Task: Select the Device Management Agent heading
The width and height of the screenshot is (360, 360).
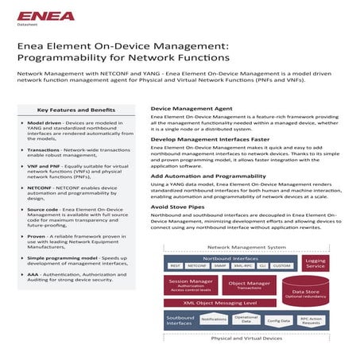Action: pyautogui.click(x=192, y=106)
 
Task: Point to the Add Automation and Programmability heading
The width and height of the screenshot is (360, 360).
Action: pyautogui.click(x=209, y=175)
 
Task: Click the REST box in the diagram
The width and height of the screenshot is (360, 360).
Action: pyautogui.click(x=176, y=266)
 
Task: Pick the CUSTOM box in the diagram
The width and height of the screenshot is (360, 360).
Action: pyautogui.click(x=281, y=266)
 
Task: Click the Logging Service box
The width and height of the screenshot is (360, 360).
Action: pyautogui.click(x=315, y=263)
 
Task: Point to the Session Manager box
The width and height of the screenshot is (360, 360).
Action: pyautogui.click(x=190, y=285)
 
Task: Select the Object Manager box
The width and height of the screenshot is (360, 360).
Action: pyautogui.click(x=249, y=285)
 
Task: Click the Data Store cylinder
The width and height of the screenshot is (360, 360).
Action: pyautogui.click(x=305, y=293)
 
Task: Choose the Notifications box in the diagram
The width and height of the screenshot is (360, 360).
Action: pyautogui.click(x=214, y=319)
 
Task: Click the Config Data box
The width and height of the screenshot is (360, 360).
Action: pyautogui.click(x=278, y=320)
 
